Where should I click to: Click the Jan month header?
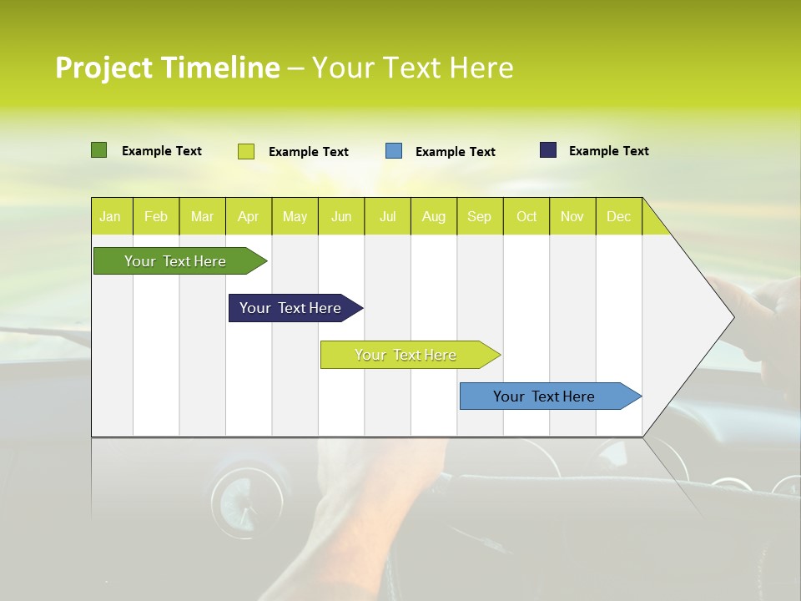110,217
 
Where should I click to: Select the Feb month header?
156,217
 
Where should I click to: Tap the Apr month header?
248,217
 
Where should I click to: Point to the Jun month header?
341,217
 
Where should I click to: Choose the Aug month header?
433,217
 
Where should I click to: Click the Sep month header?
479,217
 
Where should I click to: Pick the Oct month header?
526,217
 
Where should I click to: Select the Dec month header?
618,217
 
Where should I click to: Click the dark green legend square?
98,150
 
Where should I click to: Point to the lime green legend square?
245,151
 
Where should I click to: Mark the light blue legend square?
394,151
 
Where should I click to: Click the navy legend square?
547,150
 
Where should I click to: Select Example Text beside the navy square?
608,151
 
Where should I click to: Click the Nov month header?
572,217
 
